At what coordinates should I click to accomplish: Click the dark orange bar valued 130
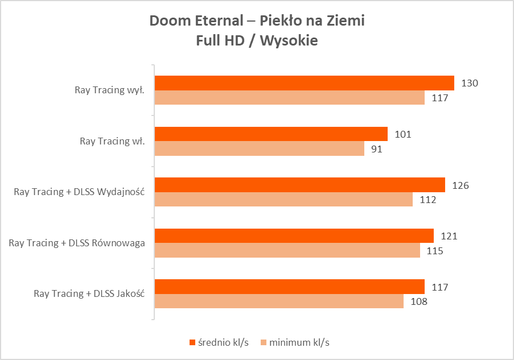tap(305, 83)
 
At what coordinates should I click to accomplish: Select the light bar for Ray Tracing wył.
tap(290, 98)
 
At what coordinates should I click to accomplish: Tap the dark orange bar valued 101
tap(271, 134)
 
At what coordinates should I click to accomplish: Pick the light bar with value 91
tap(260, 149)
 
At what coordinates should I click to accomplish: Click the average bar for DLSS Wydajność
tap(300, 185)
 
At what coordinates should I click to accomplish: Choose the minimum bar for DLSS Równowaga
tap(287, 250)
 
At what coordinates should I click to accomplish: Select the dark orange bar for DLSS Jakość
tap(290, 287)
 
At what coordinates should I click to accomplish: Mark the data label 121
tap(447, 236)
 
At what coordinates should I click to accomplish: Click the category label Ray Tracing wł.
tap(112, 141)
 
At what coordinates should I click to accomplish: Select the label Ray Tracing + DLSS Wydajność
tap(79, 192)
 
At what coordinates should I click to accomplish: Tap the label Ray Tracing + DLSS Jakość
tap(89, 294)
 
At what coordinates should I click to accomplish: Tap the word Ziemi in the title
tap(347, 21)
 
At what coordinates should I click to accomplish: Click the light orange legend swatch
tap(262, 343)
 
